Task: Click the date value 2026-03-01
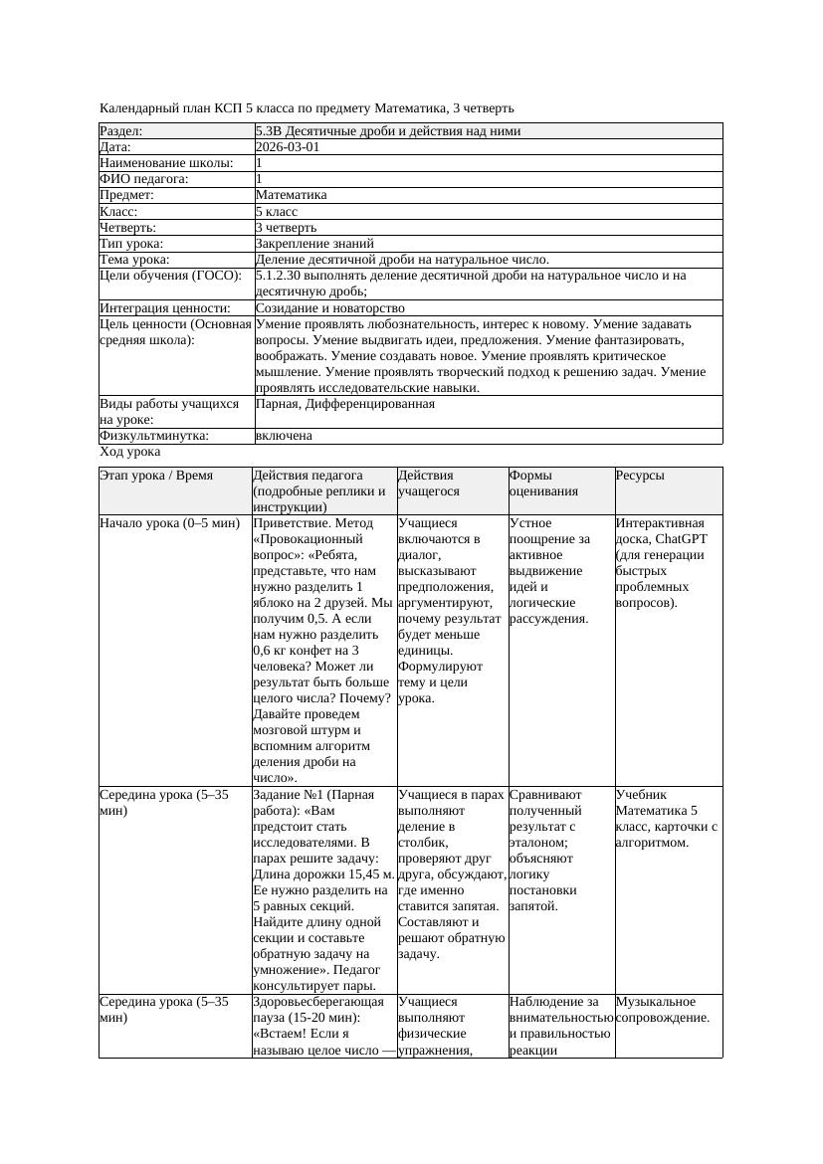[288, 147]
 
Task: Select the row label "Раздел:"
[121, 131]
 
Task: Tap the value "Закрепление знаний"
[314, 243]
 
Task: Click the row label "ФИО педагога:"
[144, 179]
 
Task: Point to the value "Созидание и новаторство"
[330, 308]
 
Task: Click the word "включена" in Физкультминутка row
[284, 436]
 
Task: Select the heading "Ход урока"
[129, 452]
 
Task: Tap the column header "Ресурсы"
[640, 476]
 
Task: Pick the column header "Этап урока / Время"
[156, 476]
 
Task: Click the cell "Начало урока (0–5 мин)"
[170, 522]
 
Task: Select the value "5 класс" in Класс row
[277, 211]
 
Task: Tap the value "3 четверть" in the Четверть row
[286, 227]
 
